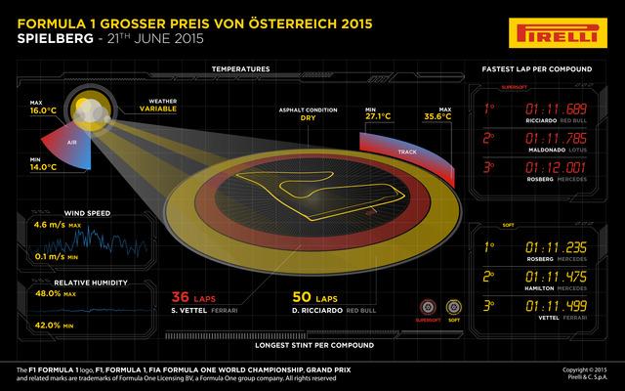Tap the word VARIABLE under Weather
pos(162,111)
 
